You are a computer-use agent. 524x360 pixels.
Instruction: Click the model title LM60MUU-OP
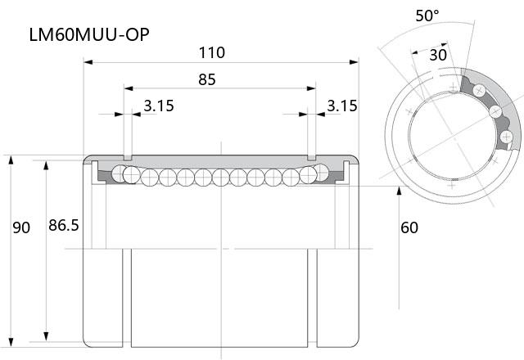click(x=89, y=34)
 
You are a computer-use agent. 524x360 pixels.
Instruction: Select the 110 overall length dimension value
click(x=211, y=52)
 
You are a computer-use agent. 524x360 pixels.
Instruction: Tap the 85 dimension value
click(x=207, y=79)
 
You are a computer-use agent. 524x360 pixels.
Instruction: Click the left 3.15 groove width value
click(x=159, y=106)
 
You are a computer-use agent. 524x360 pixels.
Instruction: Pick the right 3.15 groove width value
click(x=342, y=106)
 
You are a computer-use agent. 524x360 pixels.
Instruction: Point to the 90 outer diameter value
click(x=21, y=227)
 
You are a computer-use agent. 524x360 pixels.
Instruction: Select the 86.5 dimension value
click(x=64, y=226)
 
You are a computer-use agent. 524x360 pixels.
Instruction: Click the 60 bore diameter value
click(x=409, y=227)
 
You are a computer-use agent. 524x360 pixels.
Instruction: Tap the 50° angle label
click(x=427, y=16)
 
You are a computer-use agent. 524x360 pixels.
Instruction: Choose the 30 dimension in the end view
click(x=438, y=55)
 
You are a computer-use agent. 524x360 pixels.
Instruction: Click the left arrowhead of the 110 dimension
click(x=88, y=62)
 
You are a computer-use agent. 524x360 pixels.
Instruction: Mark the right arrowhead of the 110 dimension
click(x=354, y=62)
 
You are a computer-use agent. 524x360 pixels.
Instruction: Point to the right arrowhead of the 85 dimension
click(x=311, y=88)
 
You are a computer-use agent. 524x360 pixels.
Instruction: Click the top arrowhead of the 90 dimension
click(x=11, y=160)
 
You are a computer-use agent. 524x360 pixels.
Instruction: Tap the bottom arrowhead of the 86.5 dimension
click(x=46, y=336)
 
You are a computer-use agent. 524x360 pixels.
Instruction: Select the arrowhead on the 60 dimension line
click(x=399, y=191)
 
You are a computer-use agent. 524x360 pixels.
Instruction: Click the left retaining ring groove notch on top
click(x=128, y=157)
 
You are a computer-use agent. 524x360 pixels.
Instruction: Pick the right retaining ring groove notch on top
click(x=311, y=157)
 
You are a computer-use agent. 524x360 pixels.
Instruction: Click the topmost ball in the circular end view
click(x=479, y=90)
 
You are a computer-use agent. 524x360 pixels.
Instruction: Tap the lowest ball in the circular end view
click(x=507, y=137)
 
